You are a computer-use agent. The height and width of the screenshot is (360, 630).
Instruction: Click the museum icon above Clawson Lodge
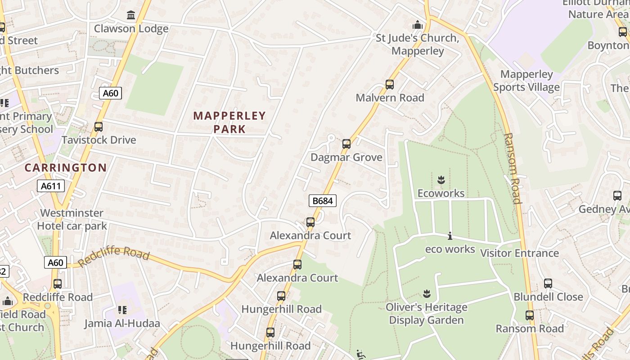point(131,15)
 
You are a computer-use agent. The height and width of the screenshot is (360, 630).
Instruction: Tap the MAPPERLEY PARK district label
point(229,122)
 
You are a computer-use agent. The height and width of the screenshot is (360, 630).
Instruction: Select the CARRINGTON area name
point(66,168)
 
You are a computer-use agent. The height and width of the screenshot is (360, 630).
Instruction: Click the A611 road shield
point(51,186)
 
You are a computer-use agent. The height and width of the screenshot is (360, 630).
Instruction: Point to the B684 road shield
point(323,201)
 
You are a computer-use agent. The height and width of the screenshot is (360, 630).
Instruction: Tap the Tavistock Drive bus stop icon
point(99,127)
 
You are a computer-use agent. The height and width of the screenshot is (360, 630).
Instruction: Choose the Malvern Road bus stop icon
point(390,85)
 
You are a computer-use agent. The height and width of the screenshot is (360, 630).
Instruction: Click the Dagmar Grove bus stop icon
point(346,144)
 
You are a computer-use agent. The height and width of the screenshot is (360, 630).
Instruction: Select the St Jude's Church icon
point(418,24)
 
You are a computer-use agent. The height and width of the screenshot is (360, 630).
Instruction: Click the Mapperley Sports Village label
point(526,81)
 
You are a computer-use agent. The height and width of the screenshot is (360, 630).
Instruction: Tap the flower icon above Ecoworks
point(441,180)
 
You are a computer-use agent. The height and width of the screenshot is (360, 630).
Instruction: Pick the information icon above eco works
point(450,236)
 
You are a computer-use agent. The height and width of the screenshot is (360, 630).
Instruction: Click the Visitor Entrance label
point(520,253)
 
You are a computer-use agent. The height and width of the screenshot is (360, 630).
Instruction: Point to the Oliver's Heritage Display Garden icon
point(427,294)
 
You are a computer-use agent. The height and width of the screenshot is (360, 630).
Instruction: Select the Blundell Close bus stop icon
point(548,283)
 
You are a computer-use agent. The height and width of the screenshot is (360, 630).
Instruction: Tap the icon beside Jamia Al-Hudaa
point(122,310)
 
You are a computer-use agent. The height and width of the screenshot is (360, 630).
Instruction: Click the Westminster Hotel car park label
point(72,219)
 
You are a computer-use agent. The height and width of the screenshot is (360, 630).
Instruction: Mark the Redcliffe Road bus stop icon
point(58,284)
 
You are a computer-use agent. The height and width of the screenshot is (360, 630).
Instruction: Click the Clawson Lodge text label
point(131,29)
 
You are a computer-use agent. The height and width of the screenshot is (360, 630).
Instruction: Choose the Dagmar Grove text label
point(346,157)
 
